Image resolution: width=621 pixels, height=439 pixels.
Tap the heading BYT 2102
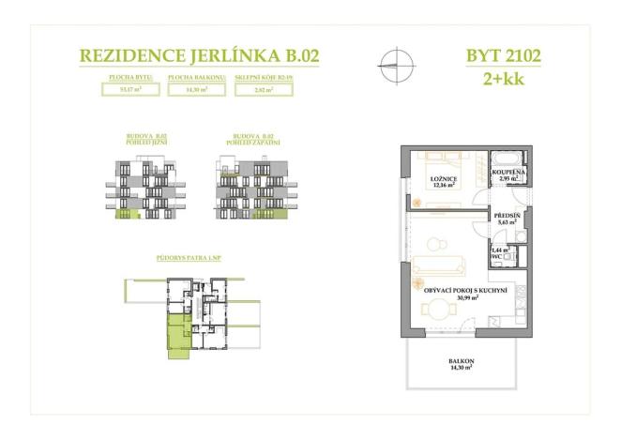503,55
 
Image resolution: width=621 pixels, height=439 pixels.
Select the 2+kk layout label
504,77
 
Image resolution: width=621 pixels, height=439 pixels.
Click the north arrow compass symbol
397,65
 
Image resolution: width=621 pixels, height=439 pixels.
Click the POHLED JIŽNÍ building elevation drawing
145,189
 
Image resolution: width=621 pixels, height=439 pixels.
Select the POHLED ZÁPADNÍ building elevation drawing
250,189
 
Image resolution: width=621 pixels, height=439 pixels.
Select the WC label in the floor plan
497,255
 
